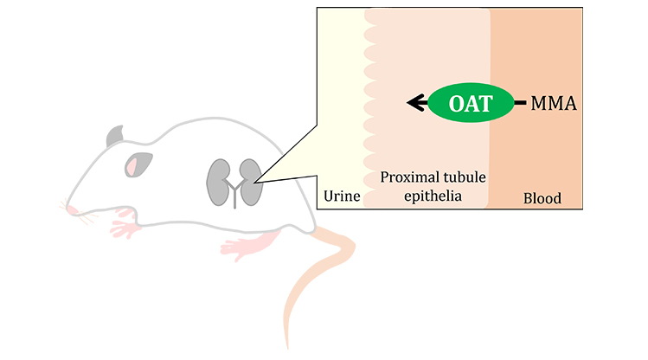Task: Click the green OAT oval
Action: click(471, 104)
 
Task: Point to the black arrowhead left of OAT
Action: click(415, 104)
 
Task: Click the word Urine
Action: click(341, 197)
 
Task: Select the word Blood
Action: click(542, 198)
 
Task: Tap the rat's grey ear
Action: click(116, 136)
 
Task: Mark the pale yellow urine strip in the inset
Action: click(341, 104)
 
